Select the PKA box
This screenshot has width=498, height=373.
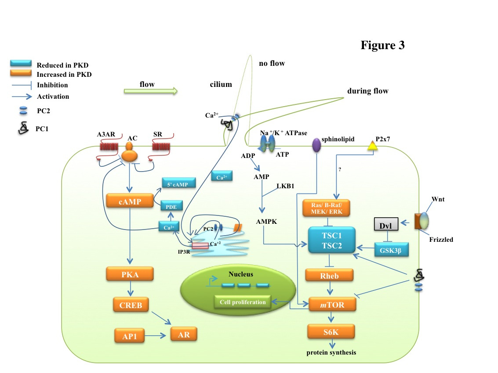click(130, 275)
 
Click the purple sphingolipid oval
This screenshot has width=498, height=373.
click(316, 146)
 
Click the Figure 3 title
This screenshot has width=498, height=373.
click(382, 45)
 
